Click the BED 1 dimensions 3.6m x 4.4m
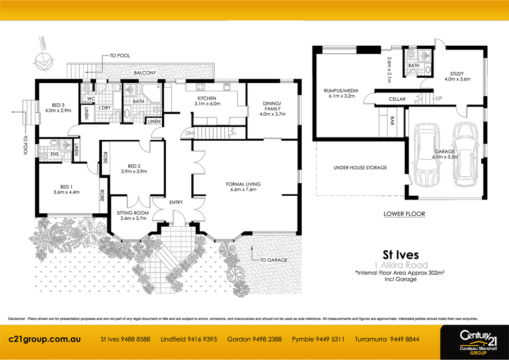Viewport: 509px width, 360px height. [66, 192]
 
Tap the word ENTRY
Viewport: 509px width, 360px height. [176, 202]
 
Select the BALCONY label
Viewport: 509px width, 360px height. [145, 73]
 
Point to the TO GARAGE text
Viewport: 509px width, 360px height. [274, 260]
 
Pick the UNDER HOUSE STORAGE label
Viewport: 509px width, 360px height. [359, 167]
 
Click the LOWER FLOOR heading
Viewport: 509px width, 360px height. [404, 214]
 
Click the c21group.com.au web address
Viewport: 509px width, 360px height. [45, 339]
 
